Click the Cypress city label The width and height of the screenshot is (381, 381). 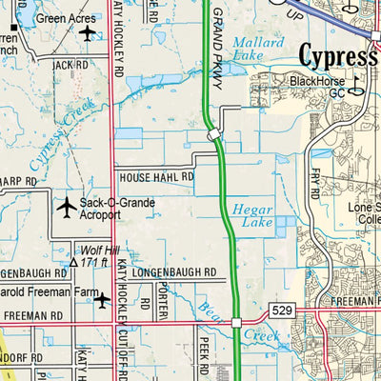(x=338, y=53)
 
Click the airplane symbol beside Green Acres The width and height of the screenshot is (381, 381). (x=89, y=34)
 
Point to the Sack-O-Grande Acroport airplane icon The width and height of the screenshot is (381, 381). (x=67, y=206)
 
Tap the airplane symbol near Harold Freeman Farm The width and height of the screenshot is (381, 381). (x=102, y=300)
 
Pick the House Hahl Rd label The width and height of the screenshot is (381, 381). (x=155, y=177)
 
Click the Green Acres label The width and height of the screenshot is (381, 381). (x=65, y=17)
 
